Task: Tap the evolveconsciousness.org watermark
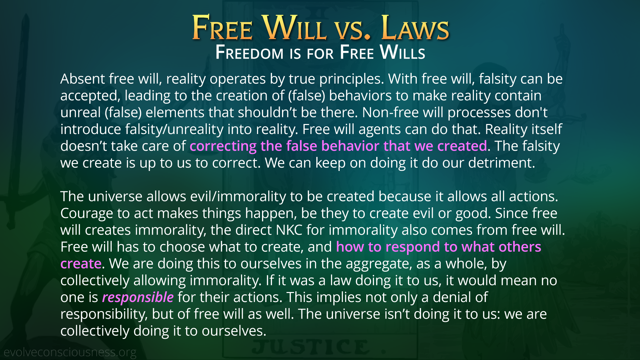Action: coord(70,352)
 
